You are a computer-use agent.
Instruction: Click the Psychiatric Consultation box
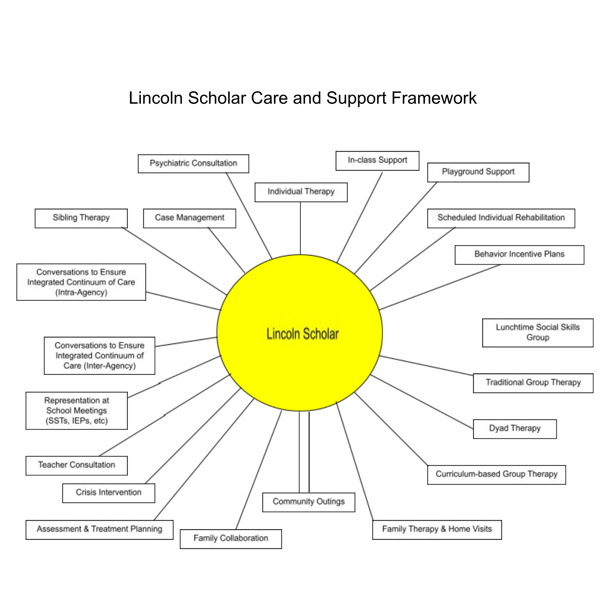[193, 163]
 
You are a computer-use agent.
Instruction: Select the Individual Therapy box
[301, 192]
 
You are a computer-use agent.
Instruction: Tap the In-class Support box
[377, 161]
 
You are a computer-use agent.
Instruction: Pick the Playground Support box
[478, 172]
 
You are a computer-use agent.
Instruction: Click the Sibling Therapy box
[81, 218]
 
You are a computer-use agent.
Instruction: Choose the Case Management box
[189, 218]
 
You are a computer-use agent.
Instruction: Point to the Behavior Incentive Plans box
[519, 255]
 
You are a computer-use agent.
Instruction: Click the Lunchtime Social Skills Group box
[538, 333]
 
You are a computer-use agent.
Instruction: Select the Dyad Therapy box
[515, 429]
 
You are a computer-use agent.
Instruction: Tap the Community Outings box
[308, 502]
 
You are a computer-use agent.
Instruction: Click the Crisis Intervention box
[109, 493]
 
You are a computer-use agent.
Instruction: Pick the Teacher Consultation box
[77, 465]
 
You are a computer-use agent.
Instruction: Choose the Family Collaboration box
[231, 539]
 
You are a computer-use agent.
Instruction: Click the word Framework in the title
[434, 98]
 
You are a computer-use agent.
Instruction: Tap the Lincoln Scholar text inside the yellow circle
[303, 334]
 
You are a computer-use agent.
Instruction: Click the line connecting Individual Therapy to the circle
[300, 228]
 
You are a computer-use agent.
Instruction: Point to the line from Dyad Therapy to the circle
[422, 402]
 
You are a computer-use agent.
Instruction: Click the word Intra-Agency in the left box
[81, 292]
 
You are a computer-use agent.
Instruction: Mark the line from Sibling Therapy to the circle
[174, 261]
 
